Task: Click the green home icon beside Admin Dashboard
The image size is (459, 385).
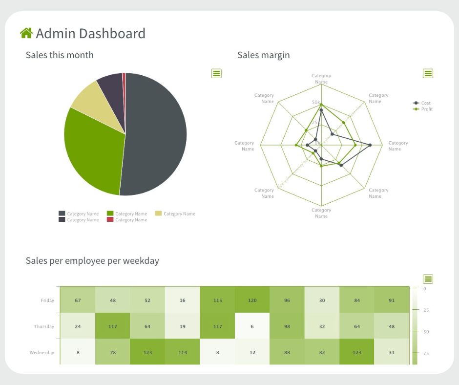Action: (x=26, y=33)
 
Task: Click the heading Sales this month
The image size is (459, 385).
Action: (x=60, y=55)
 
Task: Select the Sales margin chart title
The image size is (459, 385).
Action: (x=263, y=55)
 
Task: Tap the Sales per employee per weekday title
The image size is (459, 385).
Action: (x=92, y=260)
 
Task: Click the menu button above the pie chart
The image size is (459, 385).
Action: (x=216, y=73)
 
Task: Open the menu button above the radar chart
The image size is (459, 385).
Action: (x=428, y=73)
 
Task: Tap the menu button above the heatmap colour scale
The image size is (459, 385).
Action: (x=428, y=279)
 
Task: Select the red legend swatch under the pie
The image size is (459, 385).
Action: (x=110, y=220)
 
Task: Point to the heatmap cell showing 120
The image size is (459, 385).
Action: (x=252, y=300)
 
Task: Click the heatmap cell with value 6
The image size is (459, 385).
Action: (x=252, y=326)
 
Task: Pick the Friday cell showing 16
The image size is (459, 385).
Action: (x=182, y=300)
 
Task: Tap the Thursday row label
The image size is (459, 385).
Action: (x=44, y=326)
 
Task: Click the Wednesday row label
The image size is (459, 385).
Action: (x=42, y=352)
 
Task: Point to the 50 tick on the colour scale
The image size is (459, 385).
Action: (x=425, y=332)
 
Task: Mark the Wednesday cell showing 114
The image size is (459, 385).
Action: (x=182, y=352)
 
